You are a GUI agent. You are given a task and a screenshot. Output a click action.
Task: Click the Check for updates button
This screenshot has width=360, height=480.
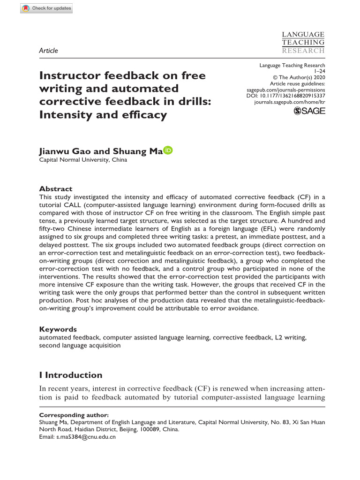(46, 8)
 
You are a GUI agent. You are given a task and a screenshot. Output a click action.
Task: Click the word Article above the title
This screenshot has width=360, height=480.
(49, 51)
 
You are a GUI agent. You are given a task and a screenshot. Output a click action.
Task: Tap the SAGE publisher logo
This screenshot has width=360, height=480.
(309, 111)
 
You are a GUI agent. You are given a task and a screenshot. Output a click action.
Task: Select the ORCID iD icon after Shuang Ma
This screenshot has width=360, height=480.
(168, 150)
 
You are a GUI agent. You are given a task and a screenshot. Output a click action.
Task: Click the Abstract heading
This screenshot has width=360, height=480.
(56, 189)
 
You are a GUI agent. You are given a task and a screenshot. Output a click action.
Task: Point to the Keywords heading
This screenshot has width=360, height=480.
(58, 329)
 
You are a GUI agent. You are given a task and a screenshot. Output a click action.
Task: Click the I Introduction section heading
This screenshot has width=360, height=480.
(71, 375)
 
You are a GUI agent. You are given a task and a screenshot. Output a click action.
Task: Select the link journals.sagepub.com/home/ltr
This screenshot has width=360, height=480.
(289, 101)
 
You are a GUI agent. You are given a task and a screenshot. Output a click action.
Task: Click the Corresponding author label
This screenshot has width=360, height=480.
(74, 415)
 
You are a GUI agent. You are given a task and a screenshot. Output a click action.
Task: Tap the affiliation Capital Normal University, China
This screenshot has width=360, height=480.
(83, 160)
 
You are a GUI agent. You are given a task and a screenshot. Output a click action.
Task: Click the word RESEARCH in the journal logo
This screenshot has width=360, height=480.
(303, 51)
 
